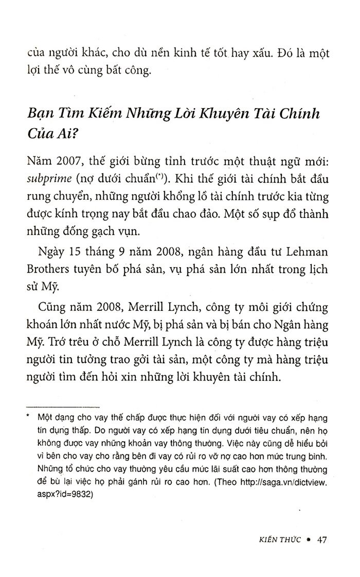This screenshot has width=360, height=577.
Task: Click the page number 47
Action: pos(322,540)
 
